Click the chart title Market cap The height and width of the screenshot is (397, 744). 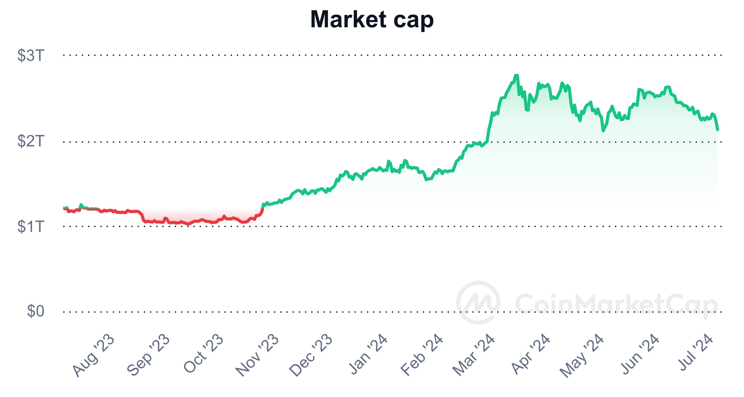pyautogui.click(x=372, y=20)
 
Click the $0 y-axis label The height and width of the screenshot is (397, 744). pyautogui.click(x=35, y=311)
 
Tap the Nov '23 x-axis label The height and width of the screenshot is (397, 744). pyautogui.click(x=257, y=355)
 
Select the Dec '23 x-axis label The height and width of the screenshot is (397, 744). pyautogui.click(x=311, y=355)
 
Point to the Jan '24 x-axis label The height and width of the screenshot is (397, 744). pyautogui.click(x=368, y=354)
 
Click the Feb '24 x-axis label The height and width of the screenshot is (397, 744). pyautogui.click(x=422, y=355)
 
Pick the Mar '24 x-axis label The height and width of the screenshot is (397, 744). pyautogui.click(x=474, y=355)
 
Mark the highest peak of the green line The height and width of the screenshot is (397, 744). pyautogui.click(x=516, y=75)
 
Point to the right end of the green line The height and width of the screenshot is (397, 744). pyautogui.click(x=718, y=130)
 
